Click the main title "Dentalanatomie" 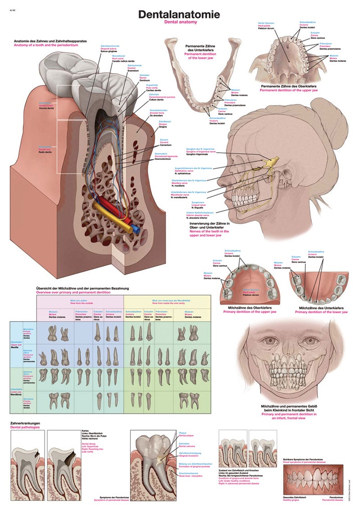pos(179,15)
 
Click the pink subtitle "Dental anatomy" pos(179,23)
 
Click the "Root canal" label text pos(118,58)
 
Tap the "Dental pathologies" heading pos(26,428)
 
